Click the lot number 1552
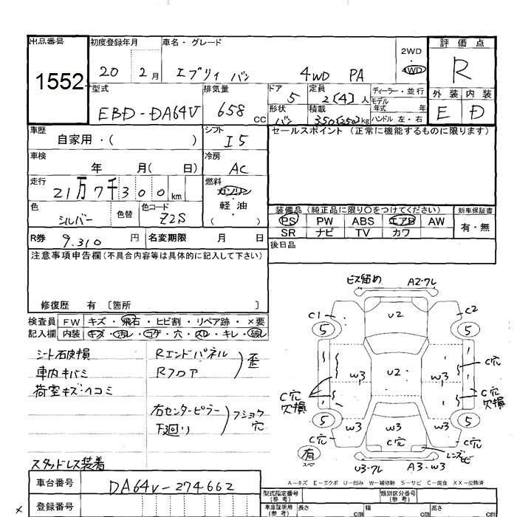[x=57, y=83]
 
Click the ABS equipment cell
[x=363, y=220]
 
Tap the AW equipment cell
[x=436, y=220]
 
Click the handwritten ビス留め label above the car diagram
[x=363, y=279]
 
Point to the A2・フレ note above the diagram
[x=423, y=281]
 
